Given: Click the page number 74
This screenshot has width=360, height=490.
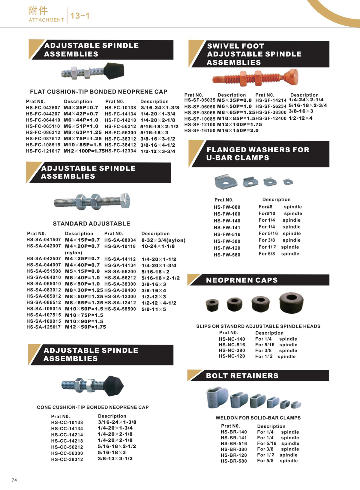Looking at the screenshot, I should tap(14, 480).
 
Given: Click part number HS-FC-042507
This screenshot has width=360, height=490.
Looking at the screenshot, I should tap(43, 108).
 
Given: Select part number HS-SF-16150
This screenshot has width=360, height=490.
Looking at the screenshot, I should tap(200, 131).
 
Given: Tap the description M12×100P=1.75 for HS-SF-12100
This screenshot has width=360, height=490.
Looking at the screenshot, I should tap(239, 124).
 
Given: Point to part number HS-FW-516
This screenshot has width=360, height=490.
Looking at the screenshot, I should tap(227, 235).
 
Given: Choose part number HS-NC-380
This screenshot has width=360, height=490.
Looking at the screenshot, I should tap(232, 351).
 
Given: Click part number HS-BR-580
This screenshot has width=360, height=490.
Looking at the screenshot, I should tap(234, 461).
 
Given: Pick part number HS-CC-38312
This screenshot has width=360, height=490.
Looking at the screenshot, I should tap(67, 459).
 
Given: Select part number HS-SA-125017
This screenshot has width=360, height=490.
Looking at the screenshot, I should tap(43, 327).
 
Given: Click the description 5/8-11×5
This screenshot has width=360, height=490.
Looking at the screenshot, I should tap(154, 309).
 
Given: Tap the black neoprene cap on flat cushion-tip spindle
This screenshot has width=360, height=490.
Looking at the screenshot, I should tap(114, 71).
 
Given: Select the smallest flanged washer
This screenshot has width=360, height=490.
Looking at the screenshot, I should tap(288, 182).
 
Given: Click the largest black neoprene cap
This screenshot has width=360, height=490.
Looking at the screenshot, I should tap(291, 303).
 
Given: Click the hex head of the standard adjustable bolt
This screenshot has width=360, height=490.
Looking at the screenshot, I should tap(125, 200).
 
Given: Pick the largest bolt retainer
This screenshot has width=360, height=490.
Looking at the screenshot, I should tap(217, 397).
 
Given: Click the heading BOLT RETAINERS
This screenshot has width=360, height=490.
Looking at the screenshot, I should tap(242, 376).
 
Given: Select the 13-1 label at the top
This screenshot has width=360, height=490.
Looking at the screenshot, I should tap(80, 16).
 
